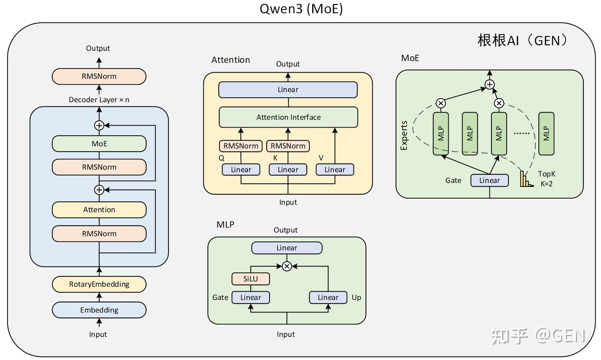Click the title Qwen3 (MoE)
pos(301,9)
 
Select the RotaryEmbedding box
pos(99,284)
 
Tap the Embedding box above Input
pos(99,310)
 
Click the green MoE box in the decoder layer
pos(99,143)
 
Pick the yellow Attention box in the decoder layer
pos(99,209)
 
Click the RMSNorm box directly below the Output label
pos(99,76)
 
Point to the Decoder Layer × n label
pos(99,100)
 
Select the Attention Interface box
pos(288,117)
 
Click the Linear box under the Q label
pos(241,169)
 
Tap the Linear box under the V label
pos(335,169)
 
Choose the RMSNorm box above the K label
pos(288,146)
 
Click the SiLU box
pos(250,279)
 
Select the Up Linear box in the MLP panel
pos(328,297)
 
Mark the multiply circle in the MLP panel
pos(287,266)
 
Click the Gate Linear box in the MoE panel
pos(490,180)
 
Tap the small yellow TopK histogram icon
pos(526,179)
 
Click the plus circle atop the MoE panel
pos(490,85)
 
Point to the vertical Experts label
pos(404,136)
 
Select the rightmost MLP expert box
pos(546,133)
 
